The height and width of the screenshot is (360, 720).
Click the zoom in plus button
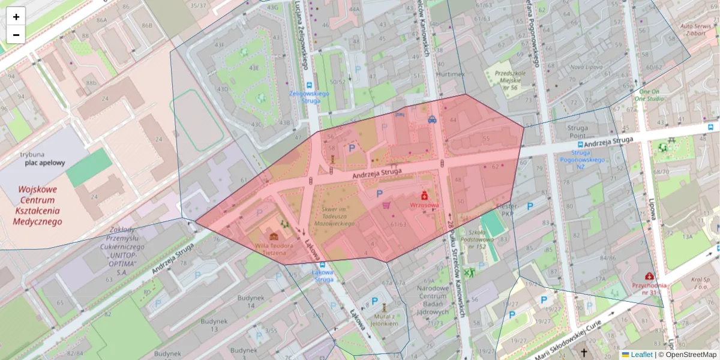16,17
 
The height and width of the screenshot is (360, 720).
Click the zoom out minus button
16,35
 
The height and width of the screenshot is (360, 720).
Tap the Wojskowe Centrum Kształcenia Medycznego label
37,205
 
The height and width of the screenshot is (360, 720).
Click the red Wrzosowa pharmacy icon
424,195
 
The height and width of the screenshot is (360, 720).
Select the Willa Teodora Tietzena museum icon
274,236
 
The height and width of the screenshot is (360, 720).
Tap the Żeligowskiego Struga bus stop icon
310,86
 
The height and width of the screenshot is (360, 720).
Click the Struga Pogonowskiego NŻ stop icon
580,145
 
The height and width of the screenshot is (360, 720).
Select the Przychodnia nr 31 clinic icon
649,276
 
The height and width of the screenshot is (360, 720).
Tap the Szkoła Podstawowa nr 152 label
469,239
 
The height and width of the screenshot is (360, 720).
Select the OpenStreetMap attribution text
691,355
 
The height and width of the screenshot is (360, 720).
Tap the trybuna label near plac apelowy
32,154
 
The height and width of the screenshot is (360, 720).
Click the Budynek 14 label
247,302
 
